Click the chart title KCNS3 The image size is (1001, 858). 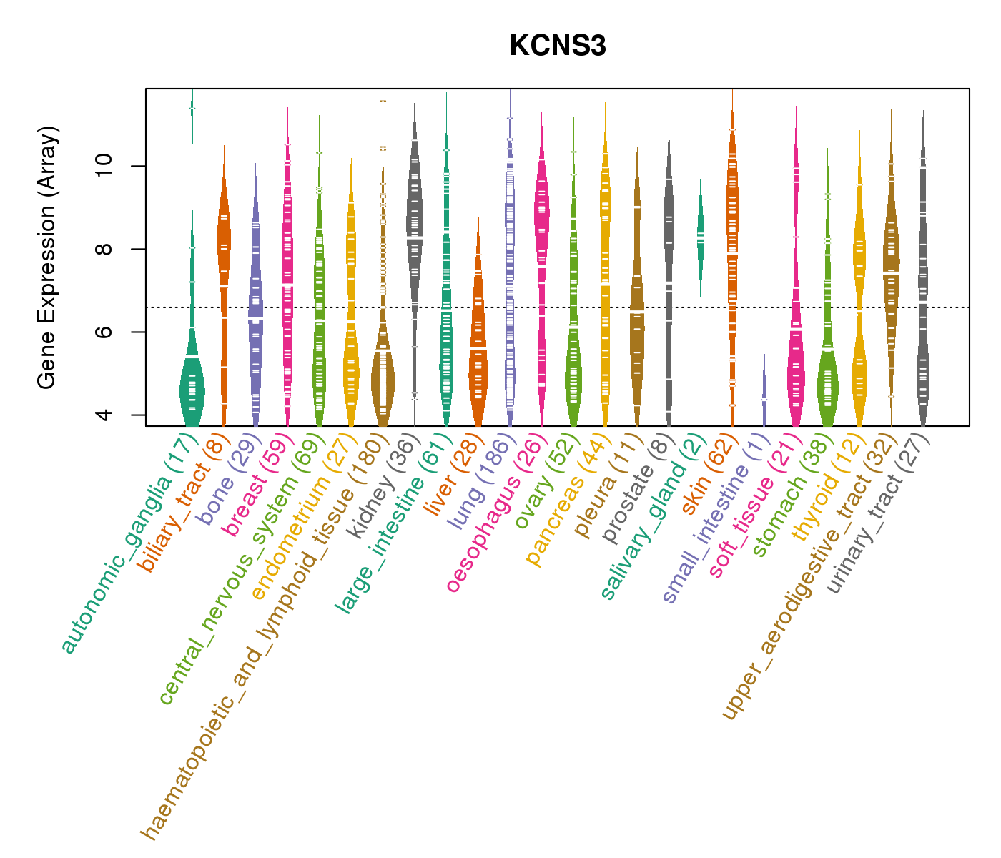(x=558, y=46)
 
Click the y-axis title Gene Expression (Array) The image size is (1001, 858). (x=47, y=257)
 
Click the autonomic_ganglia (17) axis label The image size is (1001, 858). (x=129, y=543)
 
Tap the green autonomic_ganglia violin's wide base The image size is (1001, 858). (x=192, y=390)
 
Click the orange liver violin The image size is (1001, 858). (x=478, y=357)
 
